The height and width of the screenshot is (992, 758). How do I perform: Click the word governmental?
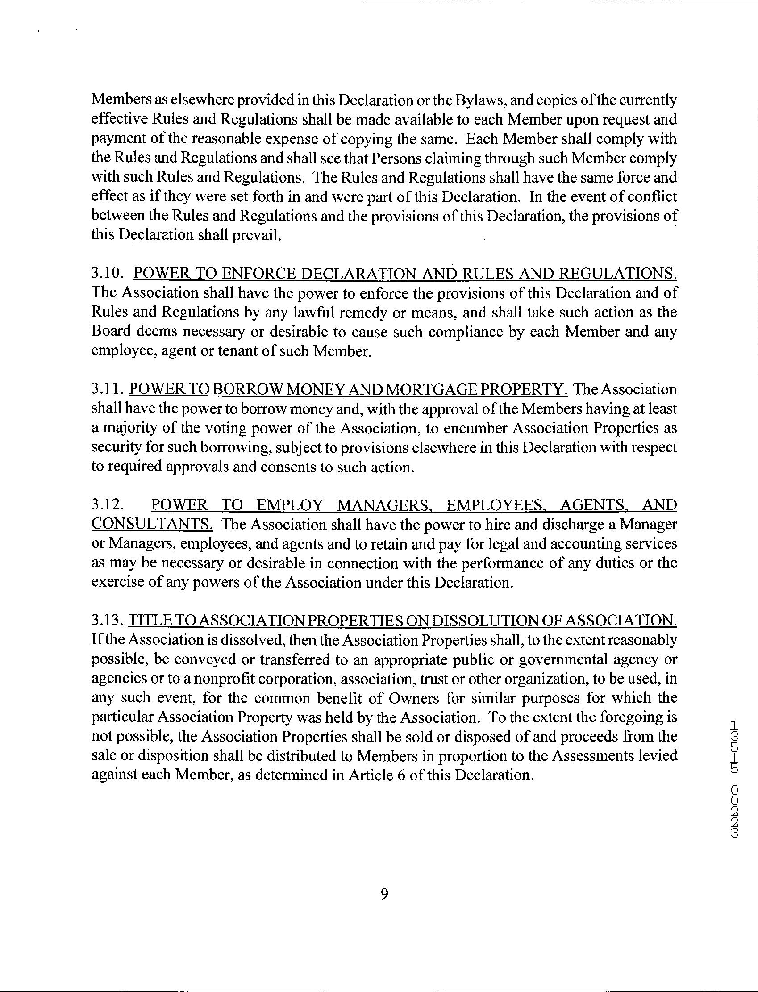pos(588,659)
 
